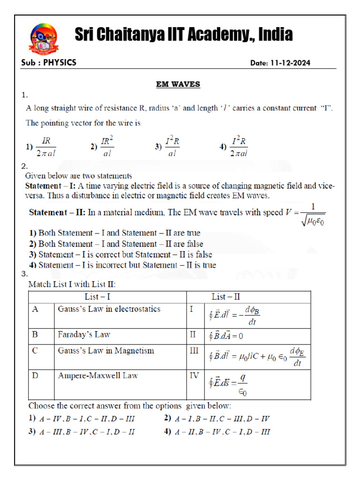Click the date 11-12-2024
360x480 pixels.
(x=287, y=63)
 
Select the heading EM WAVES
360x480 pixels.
(x=178, y=84)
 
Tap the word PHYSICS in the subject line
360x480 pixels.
(x=60, y=62)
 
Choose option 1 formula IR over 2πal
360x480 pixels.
(x=45, y=146)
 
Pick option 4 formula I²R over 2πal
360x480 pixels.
(x=240, y=146)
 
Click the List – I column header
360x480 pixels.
(x=97, y=297)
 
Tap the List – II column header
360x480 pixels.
(x=226, y=297)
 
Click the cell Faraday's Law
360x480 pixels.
(x=84, y=335)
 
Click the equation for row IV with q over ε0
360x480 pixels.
(x=228, y=384)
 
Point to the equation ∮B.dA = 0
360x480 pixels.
(x=226, y=336)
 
